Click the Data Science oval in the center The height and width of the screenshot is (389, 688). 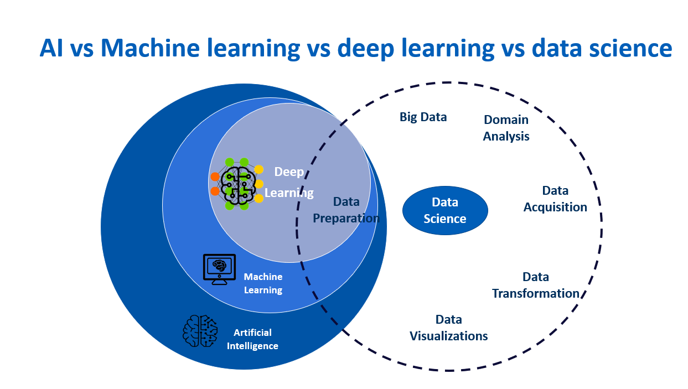(445, 210)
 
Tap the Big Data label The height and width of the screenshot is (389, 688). (423, 117)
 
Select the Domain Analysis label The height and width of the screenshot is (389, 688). (506, 128)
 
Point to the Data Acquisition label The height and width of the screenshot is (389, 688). (555, 199)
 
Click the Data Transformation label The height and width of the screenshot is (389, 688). (535, 285)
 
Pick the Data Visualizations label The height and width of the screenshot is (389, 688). (448, 328)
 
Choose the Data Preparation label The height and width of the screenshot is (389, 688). (346, 210)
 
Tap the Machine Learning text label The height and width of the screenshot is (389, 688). (263, 283)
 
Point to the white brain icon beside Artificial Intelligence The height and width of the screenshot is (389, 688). (200, 331)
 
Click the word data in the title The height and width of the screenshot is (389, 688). (555, 49)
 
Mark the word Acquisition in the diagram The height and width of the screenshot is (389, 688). (555, 207)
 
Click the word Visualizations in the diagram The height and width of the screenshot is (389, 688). (448, 336)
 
